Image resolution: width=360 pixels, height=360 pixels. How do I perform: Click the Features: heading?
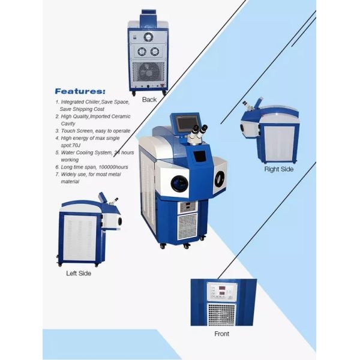[80, 92]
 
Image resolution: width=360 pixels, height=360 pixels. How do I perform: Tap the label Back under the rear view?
[149, 100]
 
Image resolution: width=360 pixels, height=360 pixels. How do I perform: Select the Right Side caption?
[279, 169]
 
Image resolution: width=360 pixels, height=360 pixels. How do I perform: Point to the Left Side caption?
[79, 273]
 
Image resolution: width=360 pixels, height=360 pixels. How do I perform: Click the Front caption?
[221, 334]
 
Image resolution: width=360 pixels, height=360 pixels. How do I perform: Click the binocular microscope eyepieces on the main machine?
[199, 132]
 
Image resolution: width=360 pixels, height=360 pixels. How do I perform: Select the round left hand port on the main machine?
[179, 182]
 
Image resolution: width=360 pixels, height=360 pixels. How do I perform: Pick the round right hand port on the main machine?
[220, 178]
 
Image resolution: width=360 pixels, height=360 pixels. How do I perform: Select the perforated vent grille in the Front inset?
[221, 313]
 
